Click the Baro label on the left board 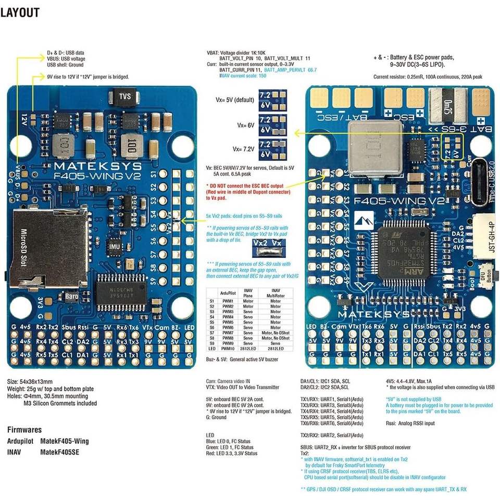coord(71,296)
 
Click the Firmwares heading coord(24,430)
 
